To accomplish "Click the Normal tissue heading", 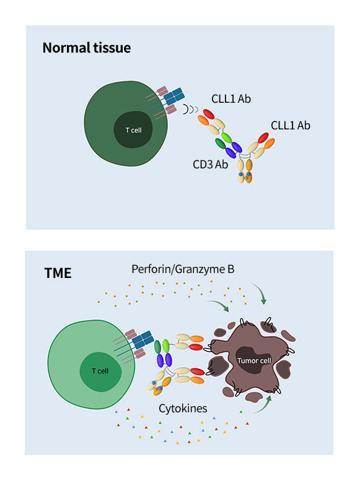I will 86,48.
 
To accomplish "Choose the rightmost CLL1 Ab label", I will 290,126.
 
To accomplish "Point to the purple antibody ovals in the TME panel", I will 166,360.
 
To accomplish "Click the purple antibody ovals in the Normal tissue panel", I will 234,150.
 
